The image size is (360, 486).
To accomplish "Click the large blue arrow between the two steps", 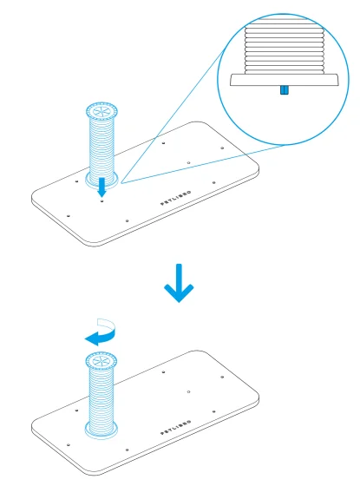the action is point(179,283).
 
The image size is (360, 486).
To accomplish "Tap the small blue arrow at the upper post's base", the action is point(101,187).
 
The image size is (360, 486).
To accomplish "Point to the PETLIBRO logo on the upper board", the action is point(175,199).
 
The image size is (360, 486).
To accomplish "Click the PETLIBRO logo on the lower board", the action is point(175,428).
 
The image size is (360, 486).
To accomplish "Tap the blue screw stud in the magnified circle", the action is point(285,90).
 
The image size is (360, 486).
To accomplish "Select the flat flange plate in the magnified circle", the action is point(285,80).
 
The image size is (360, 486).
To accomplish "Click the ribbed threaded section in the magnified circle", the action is point(285,50).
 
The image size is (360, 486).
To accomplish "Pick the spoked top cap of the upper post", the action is point(101,111).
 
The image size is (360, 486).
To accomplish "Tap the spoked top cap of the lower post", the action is point(101,360).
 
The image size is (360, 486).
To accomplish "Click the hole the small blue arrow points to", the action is point(102,201).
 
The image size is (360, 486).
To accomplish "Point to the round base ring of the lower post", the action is point(101,430).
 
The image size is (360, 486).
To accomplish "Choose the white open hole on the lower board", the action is point(189,391).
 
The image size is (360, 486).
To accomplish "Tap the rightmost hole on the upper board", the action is point(222,148).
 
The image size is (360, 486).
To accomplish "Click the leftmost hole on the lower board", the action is point(69,444).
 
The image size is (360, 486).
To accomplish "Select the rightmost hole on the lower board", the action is point(222,377).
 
